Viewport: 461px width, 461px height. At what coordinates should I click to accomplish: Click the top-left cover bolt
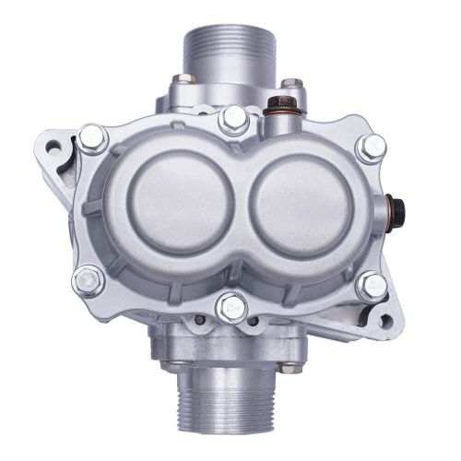(x=91, y=139)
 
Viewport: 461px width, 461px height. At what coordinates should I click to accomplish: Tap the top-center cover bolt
(x=234, y=118)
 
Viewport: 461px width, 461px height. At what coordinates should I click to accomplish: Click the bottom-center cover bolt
(x=231, y=306)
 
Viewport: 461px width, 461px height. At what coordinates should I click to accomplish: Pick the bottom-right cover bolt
(x=372, y=286)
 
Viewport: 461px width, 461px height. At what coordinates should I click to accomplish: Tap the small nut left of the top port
(x=184, y=80)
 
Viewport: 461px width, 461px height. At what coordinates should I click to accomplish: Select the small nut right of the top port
(x=291, y=85)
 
